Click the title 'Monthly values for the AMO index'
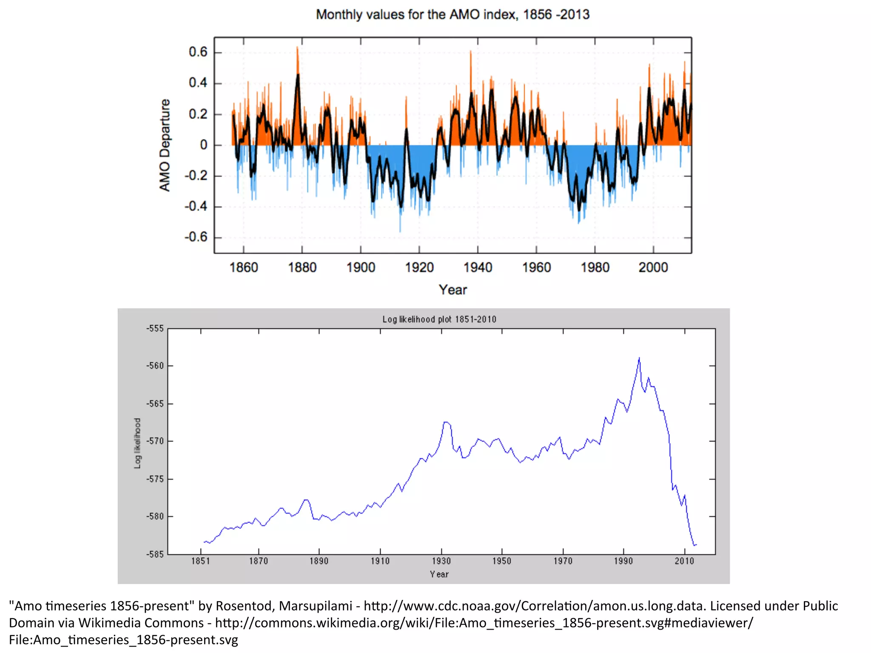(x=453, y=14)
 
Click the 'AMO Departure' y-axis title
(x=165, y=145)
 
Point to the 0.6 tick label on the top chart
(x=198, y=52)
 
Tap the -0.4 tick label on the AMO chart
(x=196, y=207)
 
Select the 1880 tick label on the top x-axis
(x=302, y=267)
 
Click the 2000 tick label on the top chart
(x=653, y=267)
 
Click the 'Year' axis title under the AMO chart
(x=453, y=290)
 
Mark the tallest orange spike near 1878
(x=297, y=48)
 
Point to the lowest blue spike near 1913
(x=400, y=231)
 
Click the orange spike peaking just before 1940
(x=470, y=52)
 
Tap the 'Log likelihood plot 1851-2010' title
(x=439, y=319)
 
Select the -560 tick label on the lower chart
(x=155, y=366)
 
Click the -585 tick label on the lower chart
(x=155, y=554)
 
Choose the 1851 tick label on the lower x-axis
(x=200, y=561)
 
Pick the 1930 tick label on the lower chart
(x=441, y=561)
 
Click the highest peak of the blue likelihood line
(x=639, y=358)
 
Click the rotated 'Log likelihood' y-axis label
(x=137, y=443)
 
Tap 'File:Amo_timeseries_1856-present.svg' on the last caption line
(x=123, y=640)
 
